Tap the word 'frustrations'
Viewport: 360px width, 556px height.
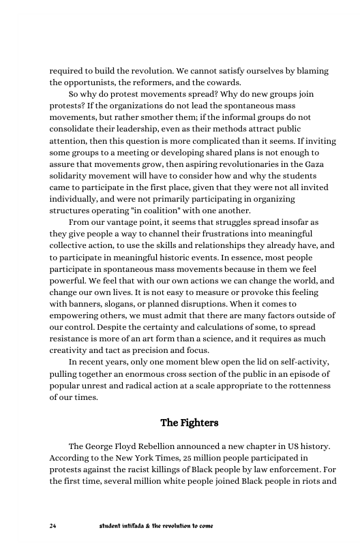click(x=223, y=233)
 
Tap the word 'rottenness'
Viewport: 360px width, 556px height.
click(x=286, y=385)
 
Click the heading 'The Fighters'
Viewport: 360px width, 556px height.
click(x=189, y=423)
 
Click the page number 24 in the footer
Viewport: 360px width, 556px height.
click(x=53, y=526)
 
